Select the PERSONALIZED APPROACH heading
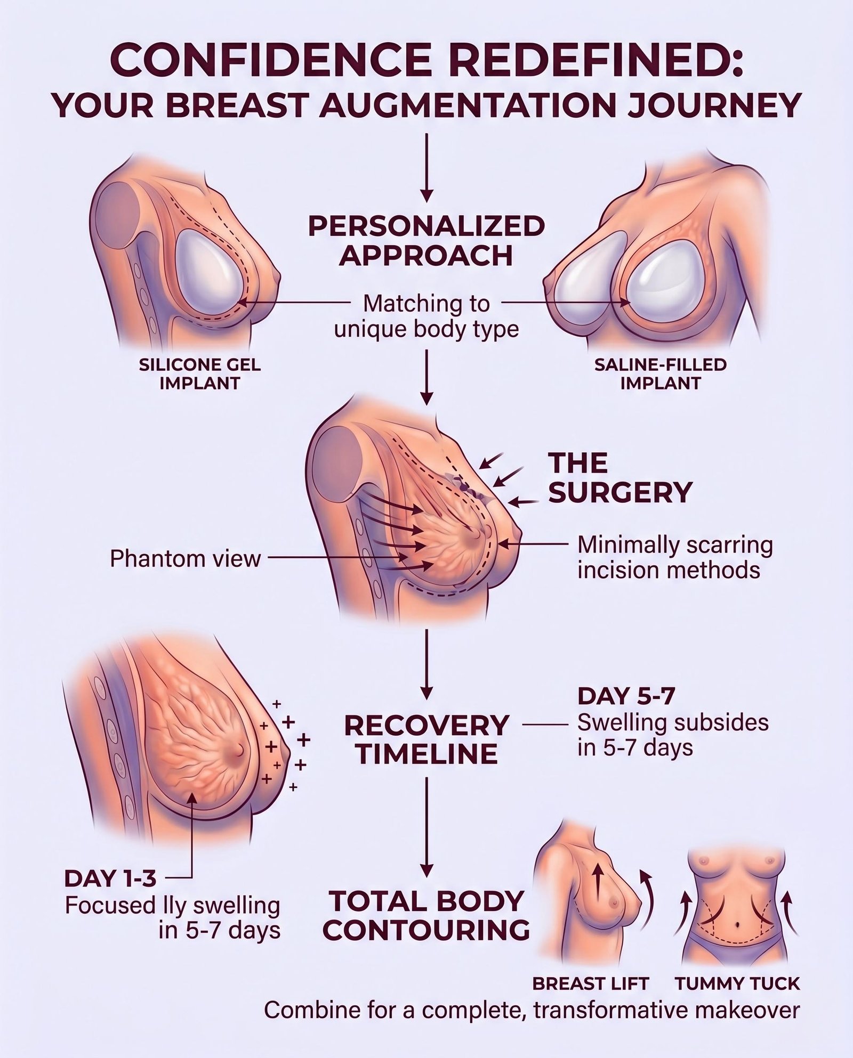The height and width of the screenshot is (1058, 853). click(x=426, y=240)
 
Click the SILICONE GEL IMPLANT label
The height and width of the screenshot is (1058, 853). click(x=199, y=373)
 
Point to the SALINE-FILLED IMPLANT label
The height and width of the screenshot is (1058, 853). click(x=660, y=373)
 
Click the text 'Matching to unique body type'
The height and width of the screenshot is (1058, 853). click(x=426, y=316)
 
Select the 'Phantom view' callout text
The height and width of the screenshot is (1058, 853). click(x=185, y=559)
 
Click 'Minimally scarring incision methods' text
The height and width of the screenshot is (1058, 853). click(x=674, y=557)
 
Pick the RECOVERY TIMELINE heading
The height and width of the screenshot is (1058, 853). click(x=426, y=739)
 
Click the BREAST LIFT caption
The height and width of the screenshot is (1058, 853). click(x=591, y=983)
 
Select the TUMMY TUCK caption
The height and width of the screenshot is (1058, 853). click(x=737, y=983)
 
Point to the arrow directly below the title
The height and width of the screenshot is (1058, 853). click(x=426, y=168)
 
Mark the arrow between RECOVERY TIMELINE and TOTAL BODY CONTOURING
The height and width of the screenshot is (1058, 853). click(x=426, y=826)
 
